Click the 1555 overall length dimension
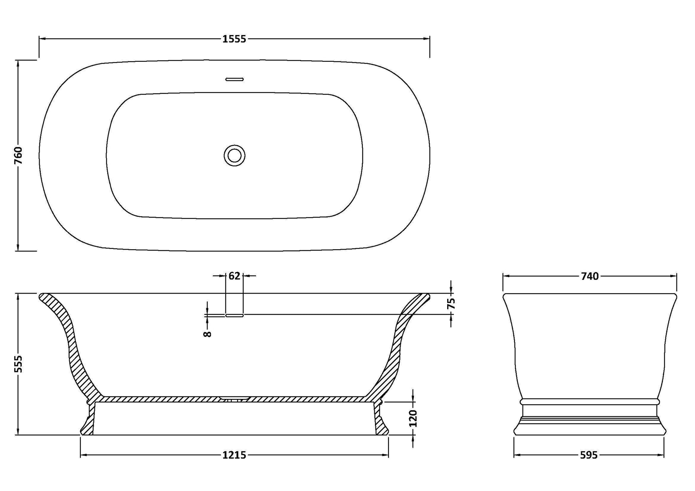click(x=234, y=39)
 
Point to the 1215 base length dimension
click(x=234, y=455)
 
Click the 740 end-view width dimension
click(x=590, y=276)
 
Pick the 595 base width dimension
click(x=589, y=455)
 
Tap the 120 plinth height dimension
click(x=413, y=418)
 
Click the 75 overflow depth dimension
click(x=451, y=304)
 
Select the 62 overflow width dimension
click(x=234, y=276)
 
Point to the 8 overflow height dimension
click(x=207, y=334)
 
